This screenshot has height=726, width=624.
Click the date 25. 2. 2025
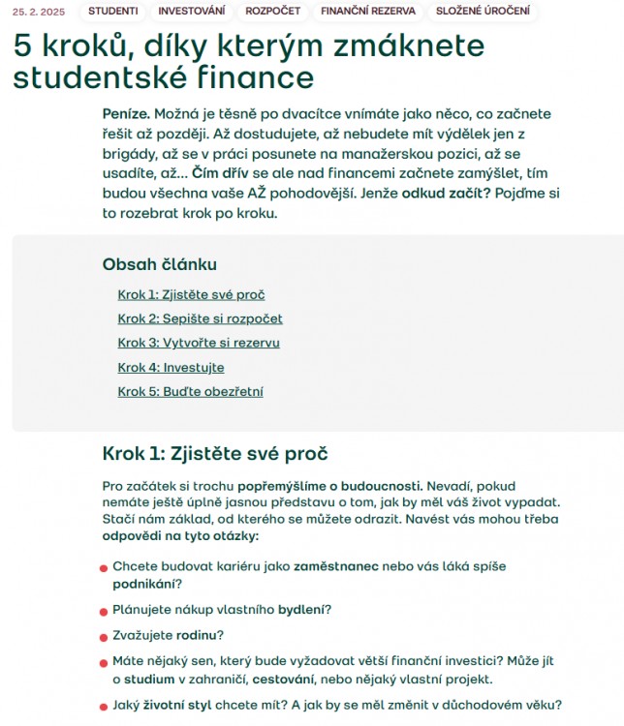[40, 12]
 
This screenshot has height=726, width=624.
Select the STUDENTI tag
[112, 12]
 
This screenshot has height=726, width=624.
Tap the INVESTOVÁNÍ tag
[192, 12]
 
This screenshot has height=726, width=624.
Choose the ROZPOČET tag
[272, 12]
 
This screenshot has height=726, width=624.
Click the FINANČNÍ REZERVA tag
[368, 12]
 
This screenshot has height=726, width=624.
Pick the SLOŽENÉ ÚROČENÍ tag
[483, 12]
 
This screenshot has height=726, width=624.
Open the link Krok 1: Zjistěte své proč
[191, 294]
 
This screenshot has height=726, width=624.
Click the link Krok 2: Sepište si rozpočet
[200, 318]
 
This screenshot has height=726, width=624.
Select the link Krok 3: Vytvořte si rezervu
[199, 343]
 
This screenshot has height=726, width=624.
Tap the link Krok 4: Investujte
[171, 368]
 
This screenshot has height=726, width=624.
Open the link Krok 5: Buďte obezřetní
[190, 392]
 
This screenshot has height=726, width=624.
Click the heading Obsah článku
[159, 264]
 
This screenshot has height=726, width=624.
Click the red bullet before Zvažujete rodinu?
[103, 637]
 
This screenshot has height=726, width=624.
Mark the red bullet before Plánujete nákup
[103, 611]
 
